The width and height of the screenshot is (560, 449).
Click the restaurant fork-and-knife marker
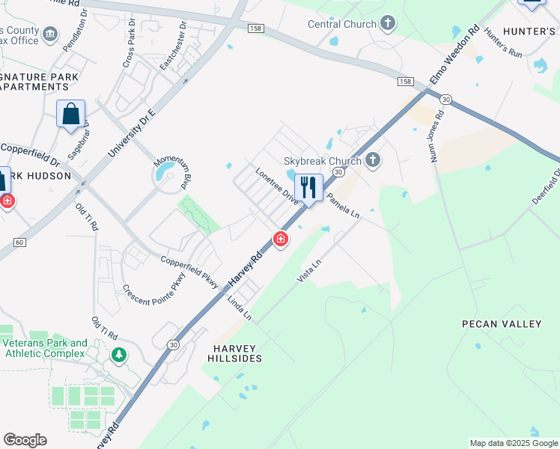click(308, 188)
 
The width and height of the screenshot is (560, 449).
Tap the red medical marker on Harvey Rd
click(281, 239)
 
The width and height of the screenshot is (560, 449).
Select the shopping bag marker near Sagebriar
click(70, 114)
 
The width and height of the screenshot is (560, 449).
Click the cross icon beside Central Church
click(387, 23)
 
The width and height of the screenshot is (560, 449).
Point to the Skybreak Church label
click(323, 161)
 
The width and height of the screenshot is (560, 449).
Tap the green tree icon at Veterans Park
click(118, 355)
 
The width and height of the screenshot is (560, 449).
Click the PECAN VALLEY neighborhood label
click(502, 324)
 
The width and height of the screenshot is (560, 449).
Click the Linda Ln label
click(240, 309)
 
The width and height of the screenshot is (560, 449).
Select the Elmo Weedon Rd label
click(454, 55)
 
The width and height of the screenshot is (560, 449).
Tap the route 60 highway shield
click(19, 242)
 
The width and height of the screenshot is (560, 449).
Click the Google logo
click(25, 439)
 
